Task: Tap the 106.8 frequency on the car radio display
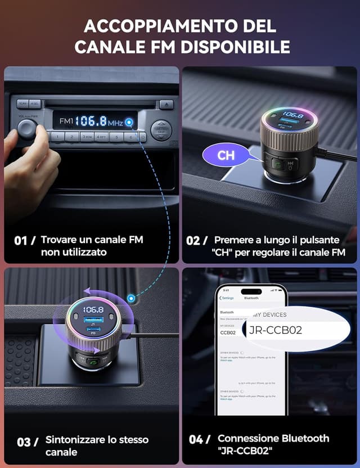(91, 121)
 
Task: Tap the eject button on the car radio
(166, 104)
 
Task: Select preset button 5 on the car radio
(116, 137)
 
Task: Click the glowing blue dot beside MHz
(130, 122)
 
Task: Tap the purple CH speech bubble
(226, 155)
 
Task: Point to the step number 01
(21, 241)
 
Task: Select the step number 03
(24, 442)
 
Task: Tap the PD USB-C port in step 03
(93, 331)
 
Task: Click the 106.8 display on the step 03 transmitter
(93, 310)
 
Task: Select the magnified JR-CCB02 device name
(276, 330)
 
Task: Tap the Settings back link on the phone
(227, 298)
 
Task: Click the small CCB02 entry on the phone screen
(228, 332)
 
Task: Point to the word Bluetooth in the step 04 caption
(301, 438)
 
